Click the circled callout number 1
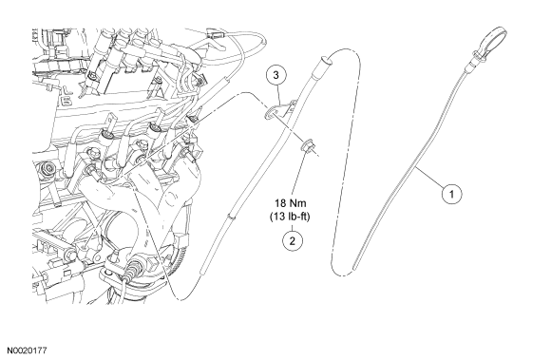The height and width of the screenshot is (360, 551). (x=451, y=194)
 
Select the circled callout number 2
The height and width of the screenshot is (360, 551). (x=292, y=240)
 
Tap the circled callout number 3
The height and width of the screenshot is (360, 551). (x=275, y=75)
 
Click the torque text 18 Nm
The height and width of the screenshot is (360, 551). (x=290, y=203)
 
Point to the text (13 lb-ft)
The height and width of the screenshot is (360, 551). (x=290, y=217)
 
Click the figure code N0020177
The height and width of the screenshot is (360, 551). (x=27, y=351)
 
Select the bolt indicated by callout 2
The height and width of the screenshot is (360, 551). (x=307, y=145)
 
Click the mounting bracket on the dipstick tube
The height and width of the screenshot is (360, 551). (x=279, y=109)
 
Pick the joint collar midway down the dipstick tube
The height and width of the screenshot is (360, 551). (x=231, y=218)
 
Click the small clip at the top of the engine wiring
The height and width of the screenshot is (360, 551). (x=215, y=34)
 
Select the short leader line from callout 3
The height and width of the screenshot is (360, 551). (x=278, y=94)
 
